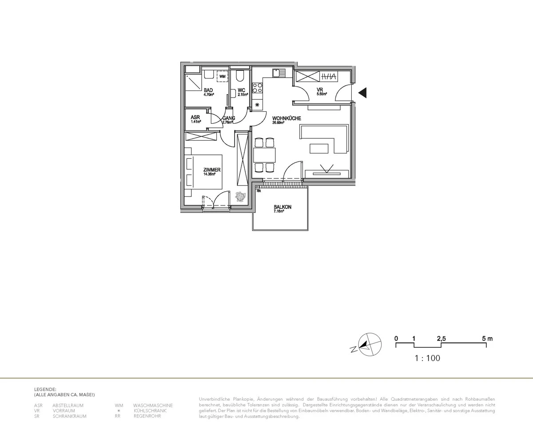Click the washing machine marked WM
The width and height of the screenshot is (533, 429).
(222, 77)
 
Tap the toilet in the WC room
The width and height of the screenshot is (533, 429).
(240, 76)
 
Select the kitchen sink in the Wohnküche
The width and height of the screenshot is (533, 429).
(278, 73)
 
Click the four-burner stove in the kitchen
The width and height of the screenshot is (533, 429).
(257, 87)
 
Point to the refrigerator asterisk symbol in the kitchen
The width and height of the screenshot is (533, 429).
(257, 105)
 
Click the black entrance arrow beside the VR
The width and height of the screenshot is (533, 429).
(362, 93)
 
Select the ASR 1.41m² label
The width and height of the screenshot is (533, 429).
(195, 119)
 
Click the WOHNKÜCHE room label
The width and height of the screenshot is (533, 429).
(286, 118)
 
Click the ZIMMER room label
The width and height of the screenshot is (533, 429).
(211, 170)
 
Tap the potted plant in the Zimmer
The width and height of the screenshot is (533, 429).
(240, 196)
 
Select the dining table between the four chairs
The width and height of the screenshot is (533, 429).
(264, 155)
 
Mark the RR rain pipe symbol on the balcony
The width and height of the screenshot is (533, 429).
(258, 188)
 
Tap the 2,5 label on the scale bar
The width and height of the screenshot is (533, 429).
(441, 338)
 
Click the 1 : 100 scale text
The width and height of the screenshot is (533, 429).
(427, 358)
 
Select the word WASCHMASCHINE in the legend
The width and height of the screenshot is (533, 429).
(153, 405)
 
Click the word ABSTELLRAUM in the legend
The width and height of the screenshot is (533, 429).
(68, 405)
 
